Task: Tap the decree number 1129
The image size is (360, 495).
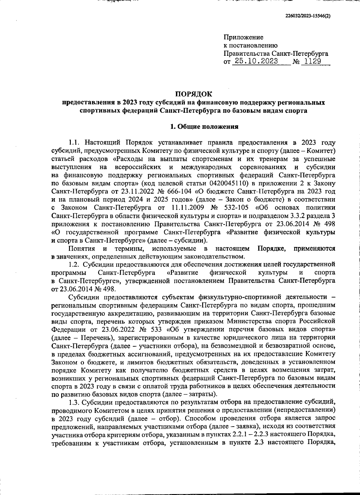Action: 313,61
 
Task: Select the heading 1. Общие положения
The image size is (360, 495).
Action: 204,127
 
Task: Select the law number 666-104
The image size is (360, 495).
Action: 174,191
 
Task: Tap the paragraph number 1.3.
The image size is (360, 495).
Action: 74,402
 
